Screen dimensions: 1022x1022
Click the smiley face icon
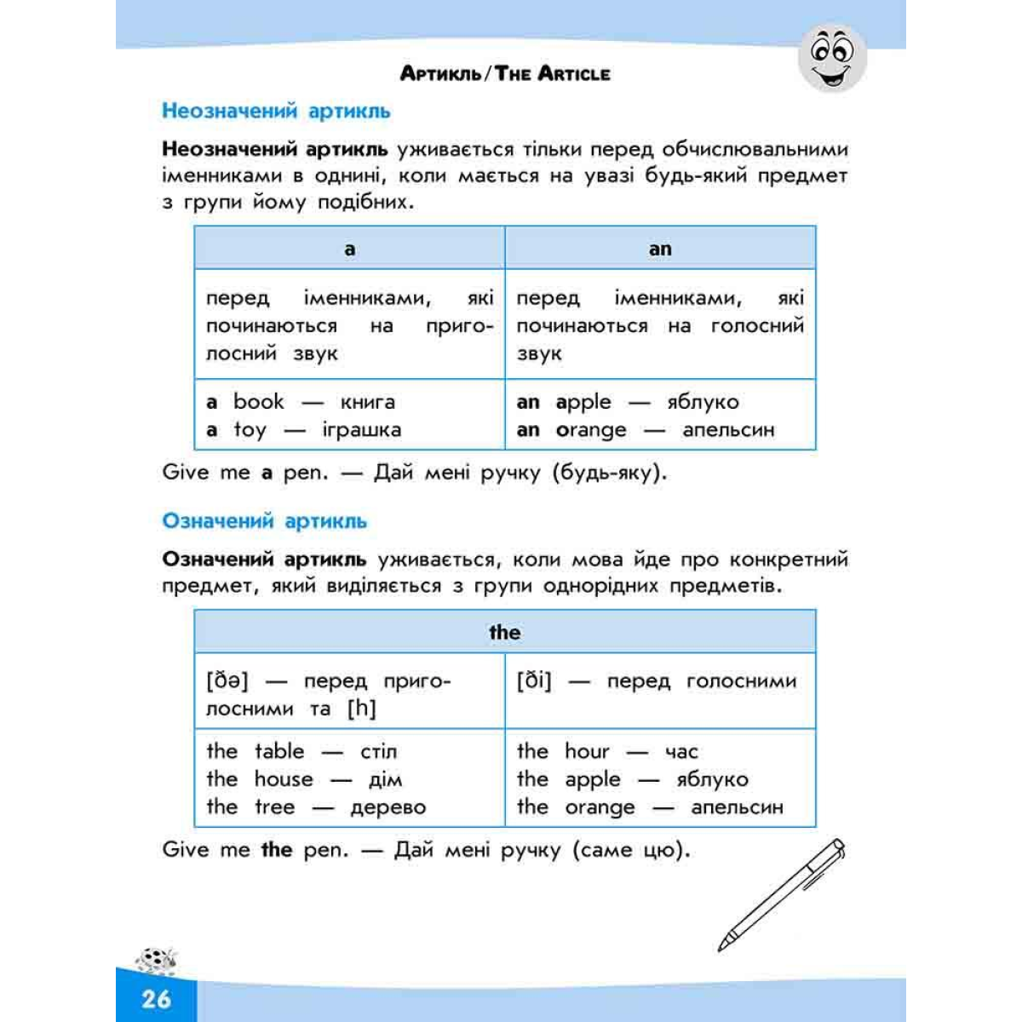tap(832, 58)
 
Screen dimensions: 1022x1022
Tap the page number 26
tap(157, 998)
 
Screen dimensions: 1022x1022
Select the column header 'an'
tap(660, 249)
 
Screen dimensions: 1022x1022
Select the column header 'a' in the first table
tap(349, 249)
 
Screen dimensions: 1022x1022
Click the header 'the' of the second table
tap(504, 632)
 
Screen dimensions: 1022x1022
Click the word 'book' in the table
tap(259, 402)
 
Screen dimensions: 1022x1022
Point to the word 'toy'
tap(250, 430)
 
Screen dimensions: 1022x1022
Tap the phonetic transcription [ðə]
tap(227, 680)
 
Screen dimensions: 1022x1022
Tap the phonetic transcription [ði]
tap(534, 680)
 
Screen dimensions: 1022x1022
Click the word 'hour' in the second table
tap(587, 751)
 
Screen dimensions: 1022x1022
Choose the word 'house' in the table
tap(284, 779)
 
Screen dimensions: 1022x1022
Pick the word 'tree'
tap(274, 807)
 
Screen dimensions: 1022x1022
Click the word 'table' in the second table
tap(279, 751)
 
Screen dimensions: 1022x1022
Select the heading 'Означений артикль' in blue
tap(264, 521)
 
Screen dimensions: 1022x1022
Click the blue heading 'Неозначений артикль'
tap(276, 111)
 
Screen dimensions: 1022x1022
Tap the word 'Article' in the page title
tap(574, 74)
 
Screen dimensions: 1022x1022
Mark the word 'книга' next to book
tap(367, 402)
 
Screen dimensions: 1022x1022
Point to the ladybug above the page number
tap(158, 960)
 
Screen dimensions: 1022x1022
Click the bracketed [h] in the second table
tap(361, 709)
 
